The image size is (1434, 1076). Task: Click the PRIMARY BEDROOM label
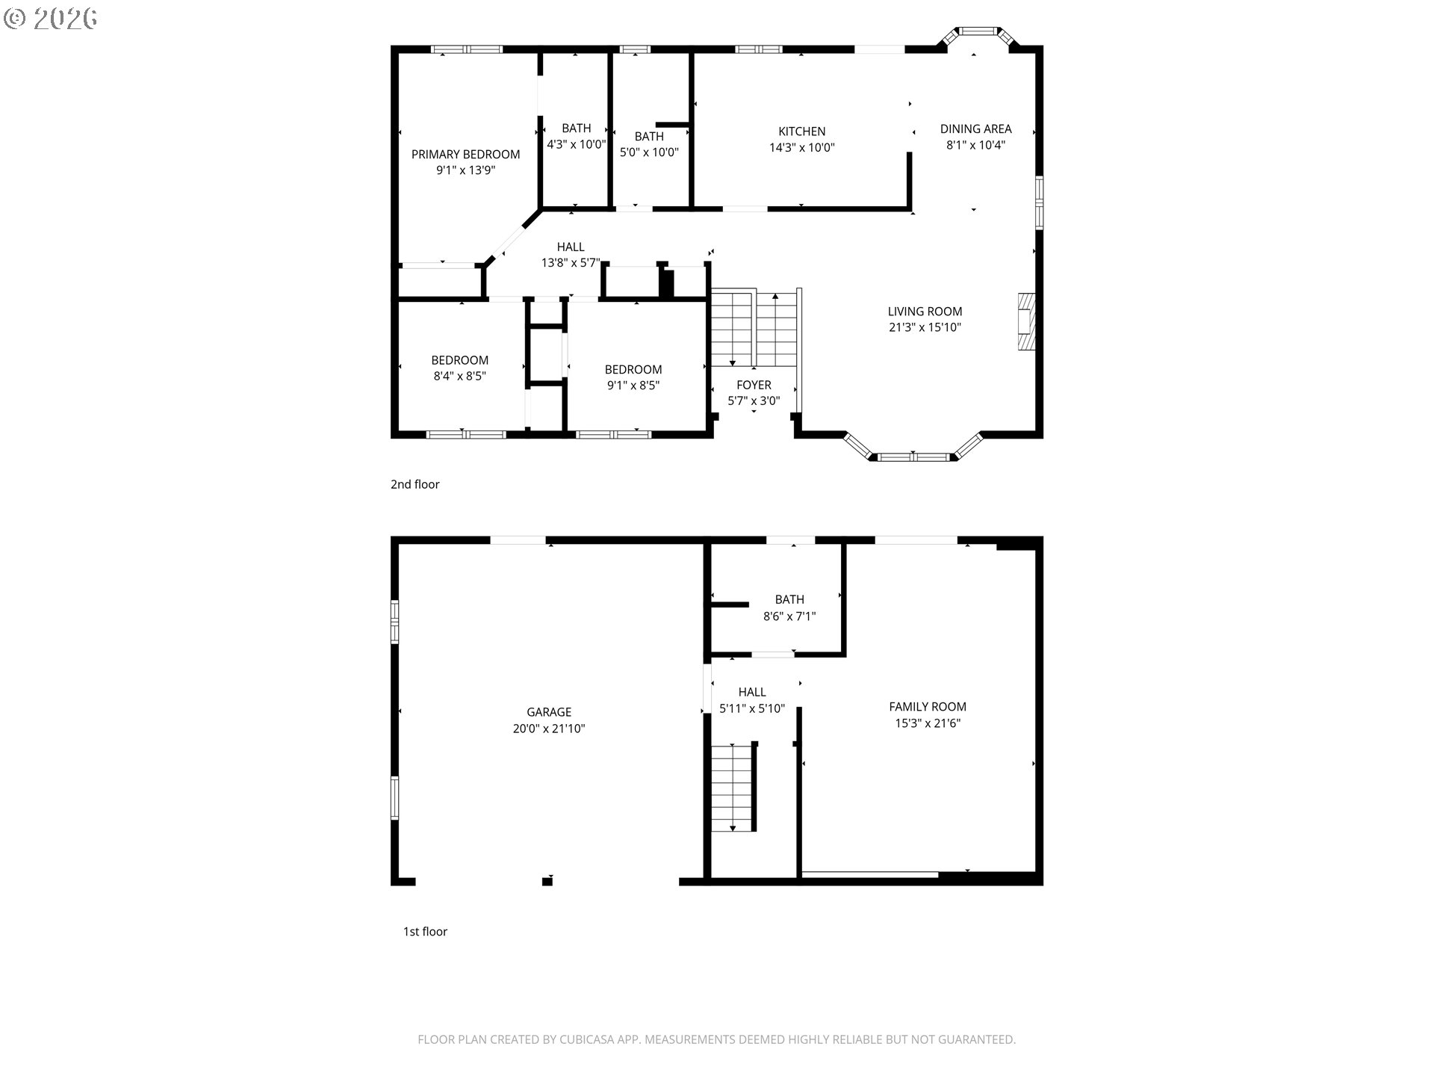click(x=465, y=154)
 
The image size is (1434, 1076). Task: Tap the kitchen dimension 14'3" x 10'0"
click(x=801, y=148)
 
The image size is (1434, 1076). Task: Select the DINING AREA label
click(x=975, y=129)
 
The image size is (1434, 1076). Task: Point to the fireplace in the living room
click(x=1026, y=321)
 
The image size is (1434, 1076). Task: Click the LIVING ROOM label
click(x=925, y=311)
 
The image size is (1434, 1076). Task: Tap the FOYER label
click(x=754, y=385)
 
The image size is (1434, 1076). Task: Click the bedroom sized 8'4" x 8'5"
click(x=459, y=368)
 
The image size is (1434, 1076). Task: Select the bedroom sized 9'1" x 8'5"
click(x=633, y=377)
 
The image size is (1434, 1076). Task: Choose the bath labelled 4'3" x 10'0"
click(x=576, y=136)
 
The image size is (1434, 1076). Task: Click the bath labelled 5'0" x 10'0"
click(x=649, y=144)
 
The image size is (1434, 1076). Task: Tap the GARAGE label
click(x=549, y=712)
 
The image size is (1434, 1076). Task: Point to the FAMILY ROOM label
click(x=928, y=706)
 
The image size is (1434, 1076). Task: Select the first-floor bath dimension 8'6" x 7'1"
click(x=789, y=616)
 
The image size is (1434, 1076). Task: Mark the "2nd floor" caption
click(x=415, y=484)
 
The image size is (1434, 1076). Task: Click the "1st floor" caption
click(x=425, y=931)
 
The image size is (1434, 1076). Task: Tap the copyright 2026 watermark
click(x=51, y=18)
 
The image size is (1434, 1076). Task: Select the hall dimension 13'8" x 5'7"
click(x=571, y=263)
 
